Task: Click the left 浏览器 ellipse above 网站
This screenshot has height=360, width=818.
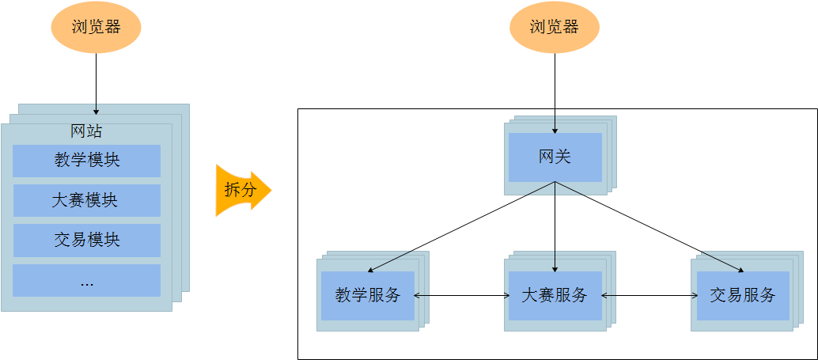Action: click(96, 27)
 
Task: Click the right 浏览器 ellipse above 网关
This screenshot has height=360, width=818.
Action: click(554, 27)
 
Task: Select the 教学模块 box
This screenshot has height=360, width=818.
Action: click(87, 161)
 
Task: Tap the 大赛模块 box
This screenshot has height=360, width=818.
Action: click(87, 200)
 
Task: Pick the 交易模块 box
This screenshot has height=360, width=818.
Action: click(87, 240)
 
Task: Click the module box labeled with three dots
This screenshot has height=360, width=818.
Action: click(87, 280)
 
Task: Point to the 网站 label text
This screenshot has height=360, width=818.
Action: click(86, 131)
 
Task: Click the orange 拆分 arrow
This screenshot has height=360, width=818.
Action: click(242, 191)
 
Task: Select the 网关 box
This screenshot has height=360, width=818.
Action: click(555, 157)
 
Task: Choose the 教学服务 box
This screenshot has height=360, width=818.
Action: click(367, 295)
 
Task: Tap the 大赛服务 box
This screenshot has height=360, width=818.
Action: click(555, 295)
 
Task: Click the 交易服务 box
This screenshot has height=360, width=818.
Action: click(742, 295)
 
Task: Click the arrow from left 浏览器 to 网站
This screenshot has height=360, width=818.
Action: click(96, 79)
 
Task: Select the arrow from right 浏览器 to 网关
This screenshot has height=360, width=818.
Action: click(554, 87)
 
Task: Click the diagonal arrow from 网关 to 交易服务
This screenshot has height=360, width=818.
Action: click(649, 226)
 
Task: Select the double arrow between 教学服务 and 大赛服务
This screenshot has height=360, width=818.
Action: click(461, 296)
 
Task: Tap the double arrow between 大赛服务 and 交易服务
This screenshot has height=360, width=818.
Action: click(649, 296)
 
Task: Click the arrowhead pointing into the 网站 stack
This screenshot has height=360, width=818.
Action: click(96, 111)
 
